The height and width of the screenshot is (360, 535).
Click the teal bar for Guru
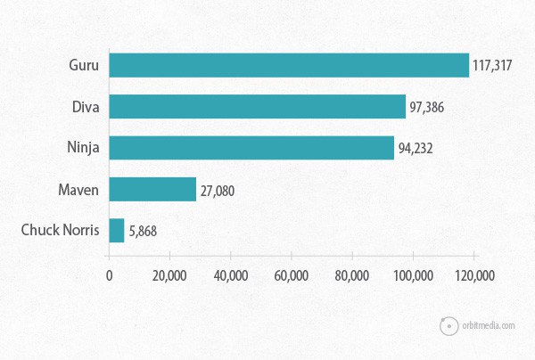coord(289,65)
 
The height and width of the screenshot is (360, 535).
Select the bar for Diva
coord(257,106)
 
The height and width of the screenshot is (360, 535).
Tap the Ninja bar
coord(251,148)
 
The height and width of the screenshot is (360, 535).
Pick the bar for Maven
coord(152,189)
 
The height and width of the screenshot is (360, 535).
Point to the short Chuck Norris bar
coord(117,231)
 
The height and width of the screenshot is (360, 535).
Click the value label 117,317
coord(496,66)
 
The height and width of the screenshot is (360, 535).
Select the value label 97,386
coord(426,107)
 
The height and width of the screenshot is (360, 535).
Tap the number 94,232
coord(415,148)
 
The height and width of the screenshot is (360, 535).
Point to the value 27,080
coord(217,190)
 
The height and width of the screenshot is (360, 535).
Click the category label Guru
coord(83,65)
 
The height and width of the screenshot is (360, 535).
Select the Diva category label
coord(85,106)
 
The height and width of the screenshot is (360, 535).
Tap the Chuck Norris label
coord(61,231)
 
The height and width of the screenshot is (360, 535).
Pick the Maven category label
coord(78,189)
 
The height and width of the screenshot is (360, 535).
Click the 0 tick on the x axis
coord(109,276)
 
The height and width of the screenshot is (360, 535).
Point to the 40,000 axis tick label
coord(230,276)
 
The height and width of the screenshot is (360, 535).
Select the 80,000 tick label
coord(352,276)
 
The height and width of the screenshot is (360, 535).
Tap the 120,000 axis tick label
coord(473,276)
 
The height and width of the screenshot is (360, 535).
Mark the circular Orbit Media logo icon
coord(448,325)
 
